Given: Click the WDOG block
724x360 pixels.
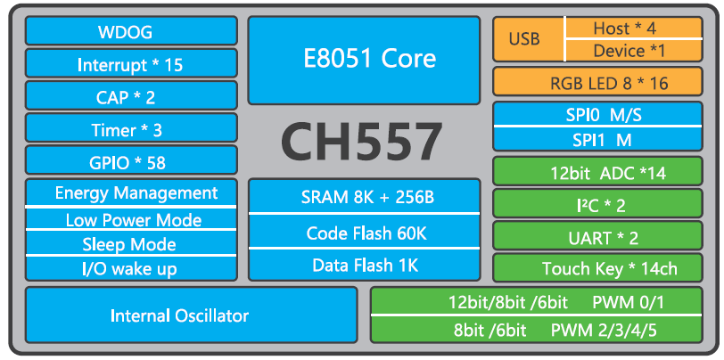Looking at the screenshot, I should tap(131, 33).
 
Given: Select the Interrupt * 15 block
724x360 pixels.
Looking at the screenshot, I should tap(131, 65).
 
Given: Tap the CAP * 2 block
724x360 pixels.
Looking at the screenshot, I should tap(131, 97).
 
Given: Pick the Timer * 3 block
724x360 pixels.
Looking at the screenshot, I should tap(131, 129).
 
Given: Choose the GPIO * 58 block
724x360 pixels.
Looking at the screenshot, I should tap(131, 162).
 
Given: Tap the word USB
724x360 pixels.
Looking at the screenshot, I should tap(524, 40).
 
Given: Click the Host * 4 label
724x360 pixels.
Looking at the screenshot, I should tap(623, 29).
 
